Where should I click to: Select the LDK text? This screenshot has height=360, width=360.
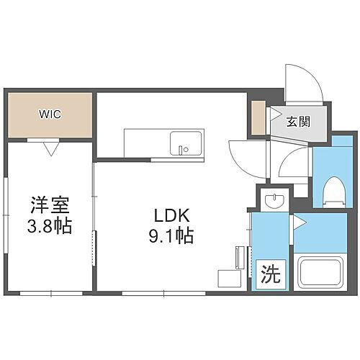[171, 214]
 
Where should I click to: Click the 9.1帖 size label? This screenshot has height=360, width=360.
[171, 235]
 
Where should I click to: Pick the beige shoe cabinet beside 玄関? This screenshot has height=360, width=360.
[258, 121]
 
